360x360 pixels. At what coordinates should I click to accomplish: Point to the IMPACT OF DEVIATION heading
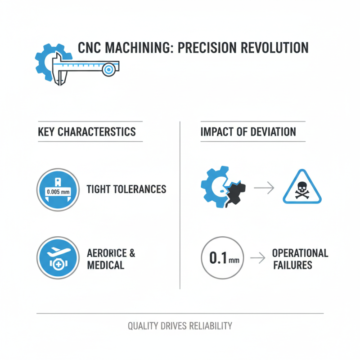(248, 132)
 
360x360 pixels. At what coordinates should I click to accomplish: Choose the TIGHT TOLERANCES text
(126, 189)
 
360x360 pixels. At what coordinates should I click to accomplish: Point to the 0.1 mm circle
(222, 258)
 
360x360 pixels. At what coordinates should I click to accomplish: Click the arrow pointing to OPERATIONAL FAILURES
(257, 258)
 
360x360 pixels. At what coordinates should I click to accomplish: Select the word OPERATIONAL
(300, 253)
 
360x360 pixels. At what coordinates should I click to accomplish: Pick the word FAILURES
(292, 265)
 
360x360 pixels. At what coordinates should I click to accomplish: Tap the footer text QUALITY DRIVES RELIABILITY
(180, 326)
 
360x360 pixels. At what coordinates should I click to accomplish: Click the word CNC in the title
(91, 49)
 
